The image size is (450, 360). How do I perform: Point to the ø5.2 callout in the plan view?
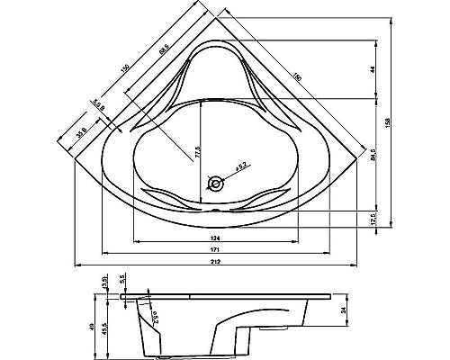click(241, 166)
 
